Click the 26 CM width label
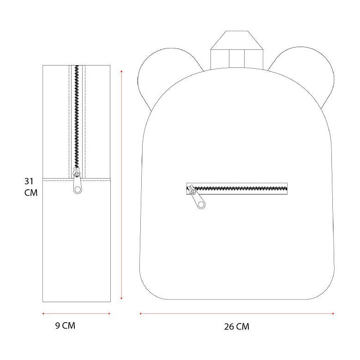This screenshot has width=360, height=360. pyautogui.click(x=236, y=326)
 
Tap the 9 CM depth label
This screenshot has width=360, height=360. pyautogui.click(x=65, y=325)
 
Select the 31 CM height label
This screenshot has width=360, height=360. pyautogui.click(x=31, y=187)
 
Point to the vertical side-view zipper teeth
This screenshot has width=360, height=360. pyautogui.click(x=77, y=117)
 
